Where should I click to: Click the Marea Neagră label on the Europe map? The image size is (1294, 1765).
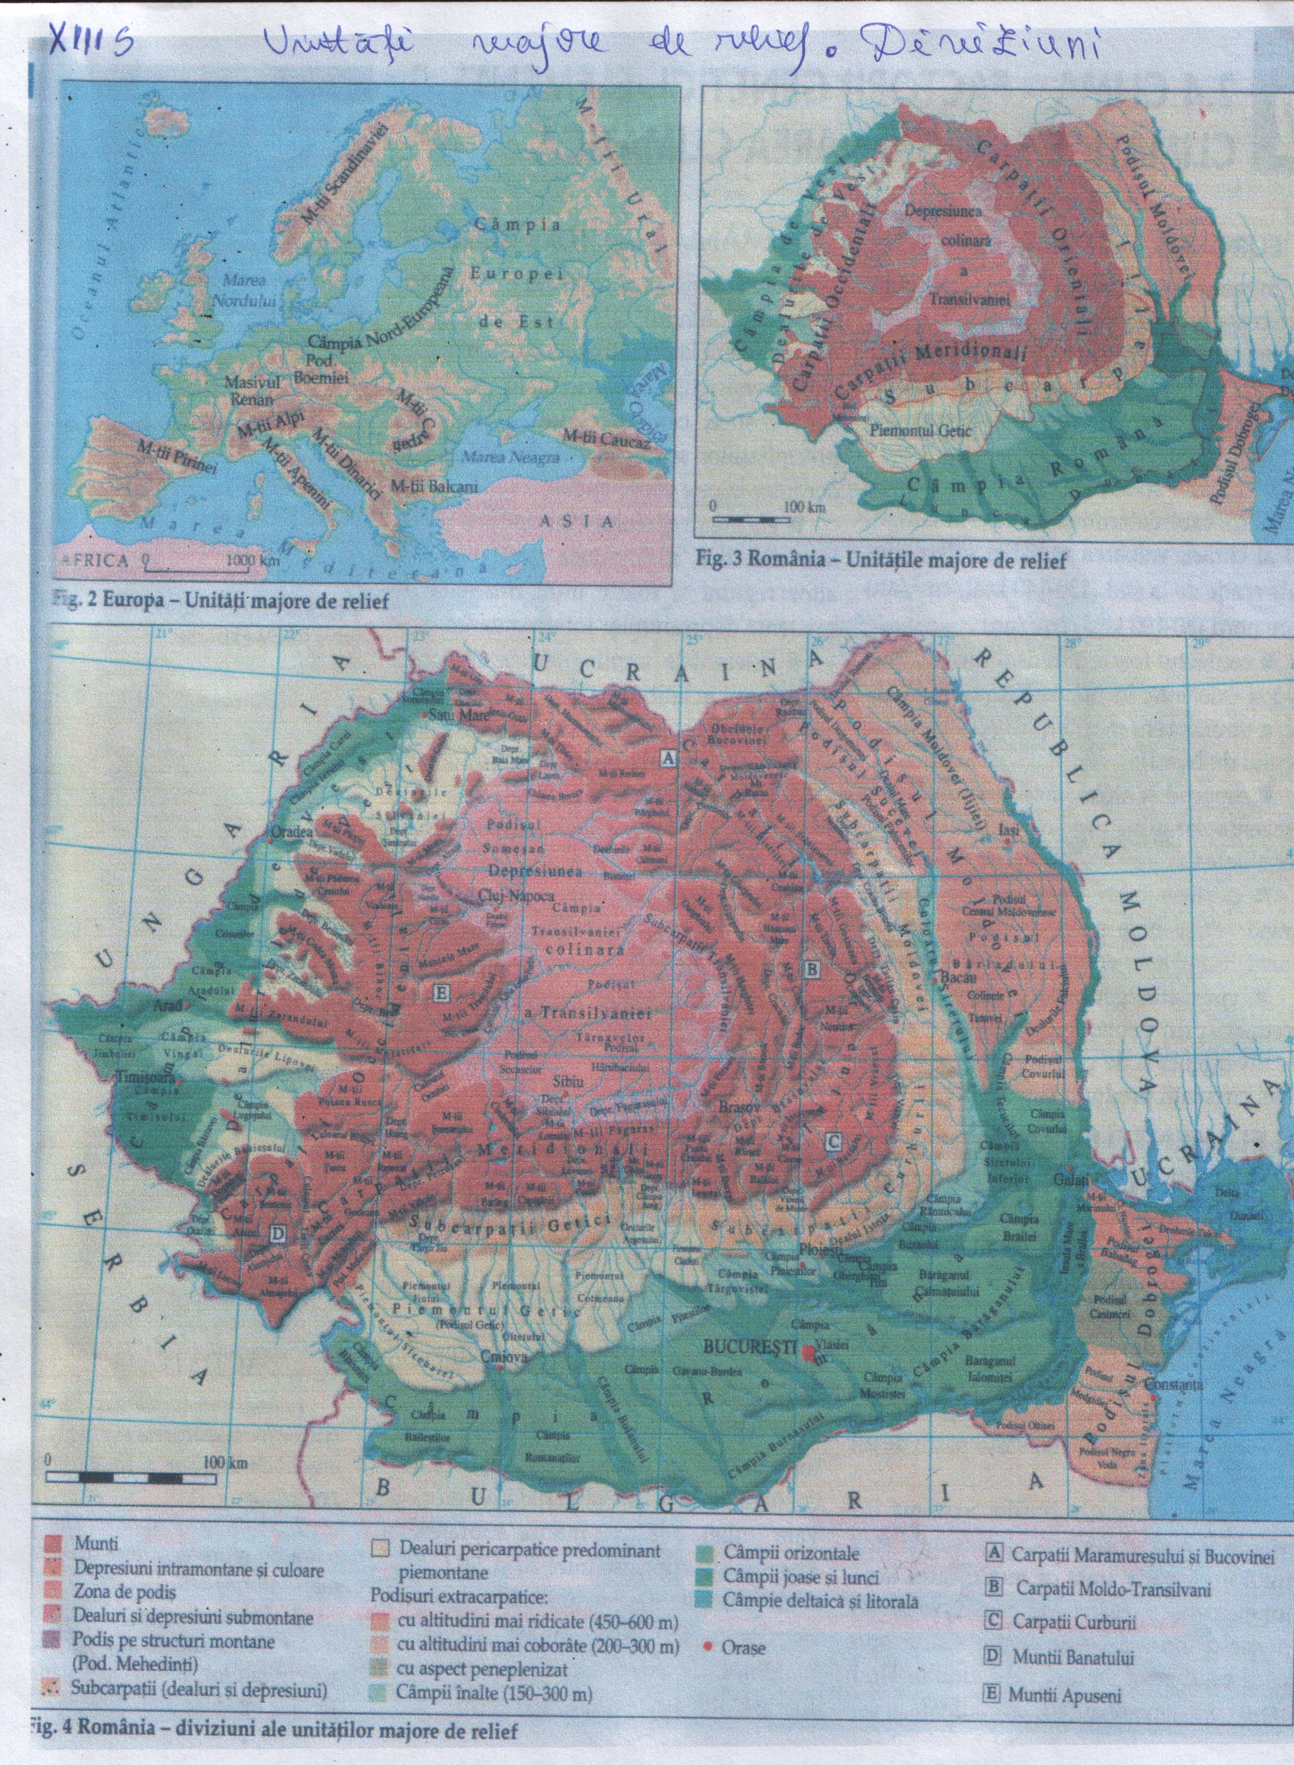click(511, 457)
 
